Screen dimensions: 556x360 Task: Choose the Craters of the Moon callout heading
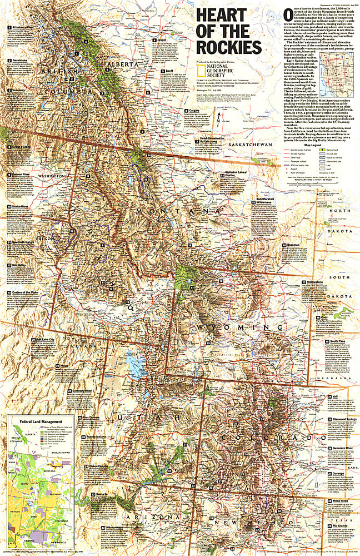[x=25, y=292]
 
